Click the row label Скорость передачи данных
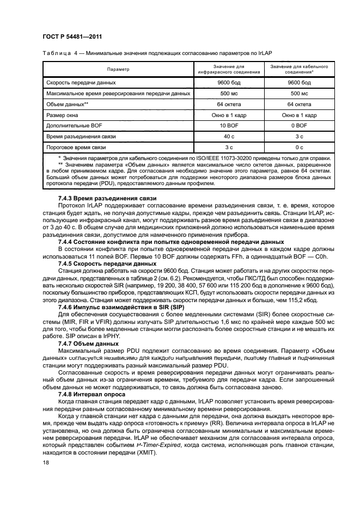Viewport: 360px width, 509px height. click(x=81, y=83)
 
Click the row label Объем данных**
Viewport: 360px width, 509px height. click(x=68, y=104)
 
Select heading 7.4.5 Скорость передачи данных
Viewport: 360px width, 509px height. click(x=107, y=263)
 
